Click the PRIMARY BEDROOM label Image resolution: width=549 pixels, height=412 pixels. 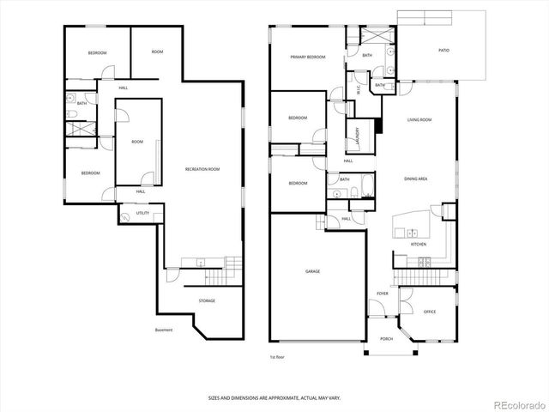click(x=308, y=58)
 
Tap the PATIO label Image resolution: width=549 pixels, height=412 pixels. click(x=443, y=51)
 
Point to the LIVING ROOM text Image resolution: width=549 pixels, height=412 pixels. click(x=419, y=120)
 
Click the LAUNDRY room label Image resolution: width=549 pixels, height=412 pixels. click(x=357, y=136)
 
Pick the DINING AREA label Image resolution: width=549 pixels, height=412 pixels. click(x=417, y=179)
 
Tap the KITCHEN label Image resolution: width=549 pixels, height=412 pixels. click(x=419, y=245)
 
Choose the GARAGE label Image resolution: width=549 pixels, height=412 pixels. click(x=313, y=271)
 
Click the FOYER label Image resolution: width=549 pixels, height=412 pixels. click(x=383, y=294)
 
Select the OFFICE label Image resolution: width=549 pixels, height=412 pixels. click(x=430, y=312)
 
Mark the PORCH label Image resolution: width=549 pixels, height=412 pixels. click(x=386, y=338)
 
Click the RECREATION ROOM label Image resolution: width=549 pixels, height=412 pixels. click(x=202, y=170)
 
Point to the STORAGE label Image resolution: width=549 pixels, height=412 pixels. click(x=207, y=300)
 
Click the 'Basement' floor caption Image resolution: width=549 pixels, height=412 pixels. click(x=164, y=330)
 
